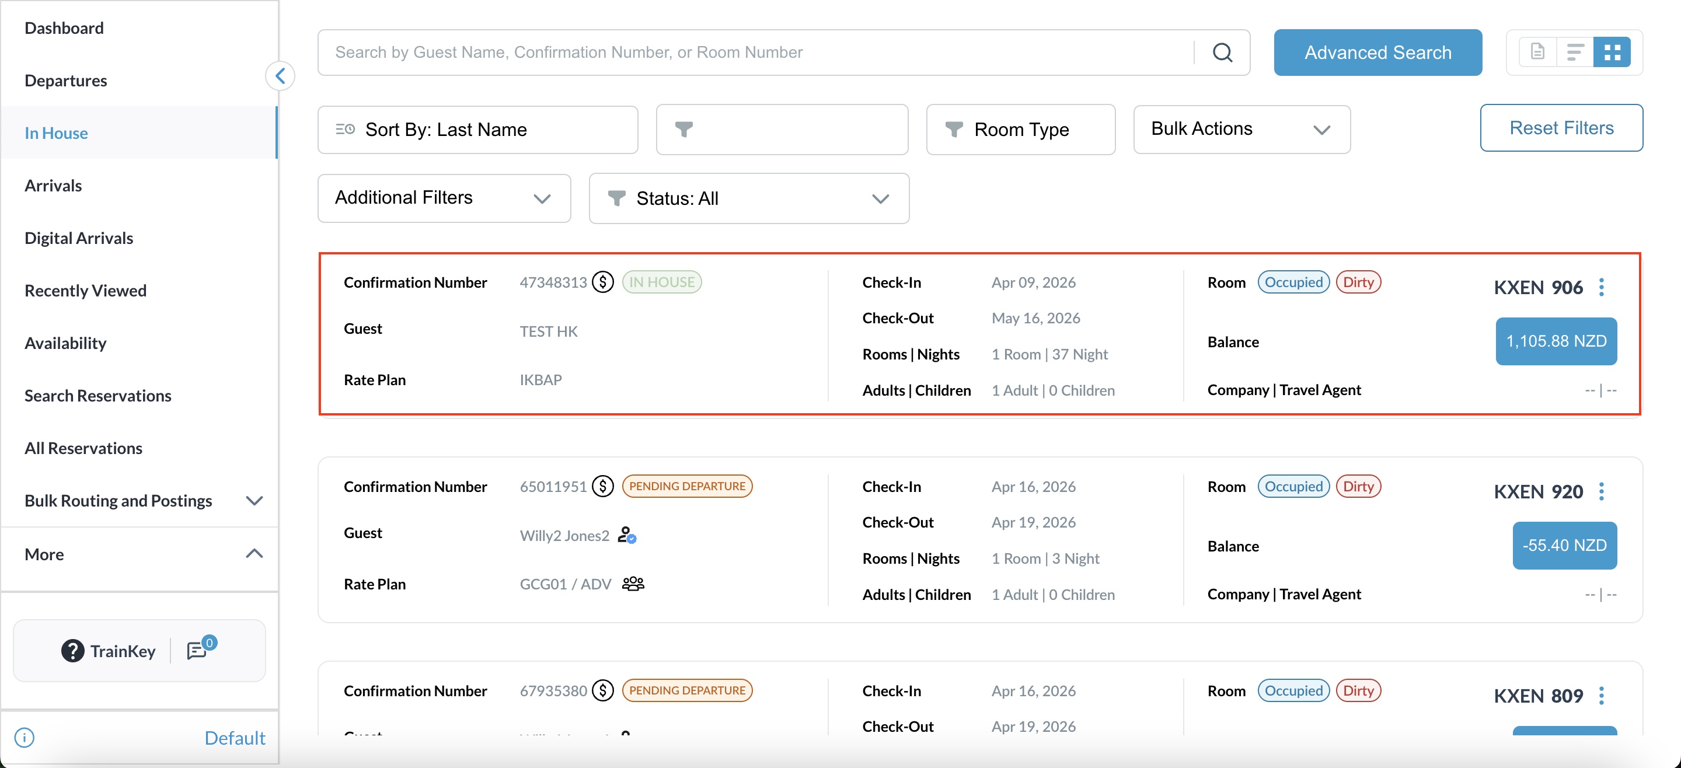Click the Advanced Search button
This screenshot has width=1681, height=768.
point(1377,52)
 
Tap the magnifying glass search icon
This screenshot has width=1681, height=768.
point(1222,52)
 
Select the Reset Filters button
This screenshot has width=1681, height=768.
point(1561,128)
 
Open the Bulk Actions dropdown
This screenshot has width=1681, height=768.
point(1241,129)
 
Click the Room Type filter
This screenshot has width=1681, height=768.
point(1021,129)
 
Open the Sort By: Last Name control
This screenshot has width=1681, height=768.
point(477,129)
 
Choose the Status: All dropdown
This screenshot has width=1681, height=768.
point(748,198)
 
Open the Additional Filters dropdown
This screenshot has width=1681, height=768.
point(444,198)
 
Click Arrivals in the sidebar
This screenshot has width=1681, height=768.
point(53,186)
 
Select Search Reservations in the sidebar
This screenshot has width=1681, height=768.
point(98,396)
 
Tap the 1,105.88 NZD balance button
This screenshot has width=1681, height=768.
point(1556,341)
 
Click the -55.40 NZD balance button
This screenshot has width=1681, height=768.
point(1564,546)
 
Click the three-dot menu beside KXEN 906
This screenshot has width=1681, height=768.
point(1602,287)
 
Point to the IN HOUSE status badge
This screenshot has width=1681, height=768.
point(662,282)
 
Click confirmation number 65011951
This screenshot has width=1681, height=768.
point(553,487)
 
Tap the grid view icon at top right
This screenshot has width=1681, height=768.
point(1612,52)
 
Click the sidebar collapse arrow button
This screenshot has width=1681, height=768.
point(280,76)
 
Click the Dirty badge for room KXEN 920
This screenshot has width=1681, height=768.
point(1358,486)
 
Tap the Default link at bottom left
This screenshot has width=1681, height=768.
point(234,738)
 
